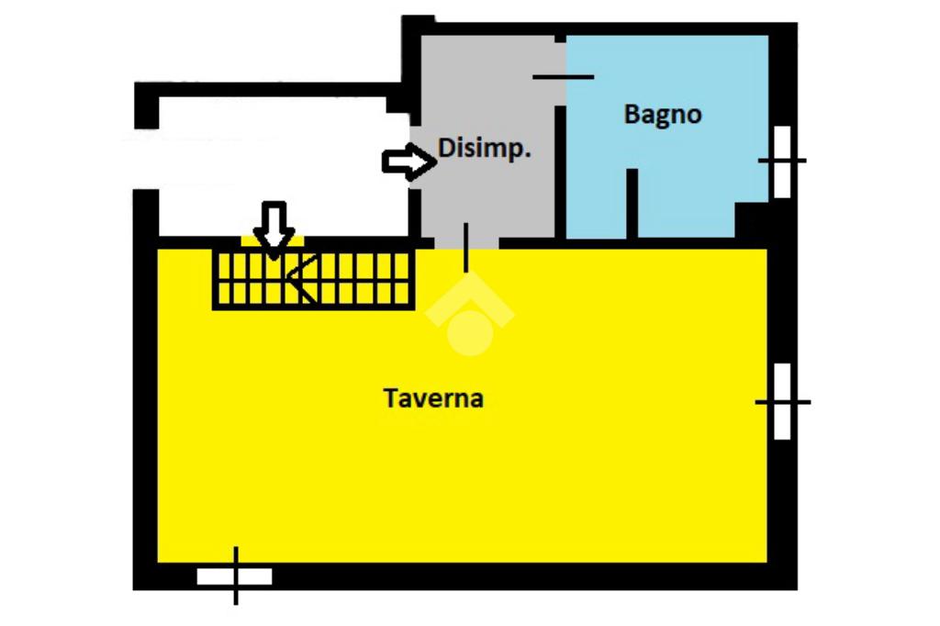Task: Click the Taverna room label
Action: (433, 399)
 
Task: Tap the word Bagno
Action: (663, 115)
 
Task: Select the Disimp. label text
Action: (484, 148)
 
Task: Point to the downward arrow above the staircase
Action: (274, 226)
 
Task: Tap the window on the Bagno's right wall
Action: (782, 162)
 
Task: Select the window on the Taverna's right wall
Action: (782, 401)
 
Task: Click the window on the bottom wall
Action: (235, 576)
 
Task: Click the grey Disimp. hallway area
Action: (487, 197)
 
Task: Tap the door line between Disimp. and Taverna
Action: (466, 247)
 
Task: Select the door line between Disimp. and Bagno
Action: (563, 76)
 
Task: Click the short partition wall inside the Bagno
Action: (632, 204)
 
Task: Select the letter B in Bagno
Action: (632, 115)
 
